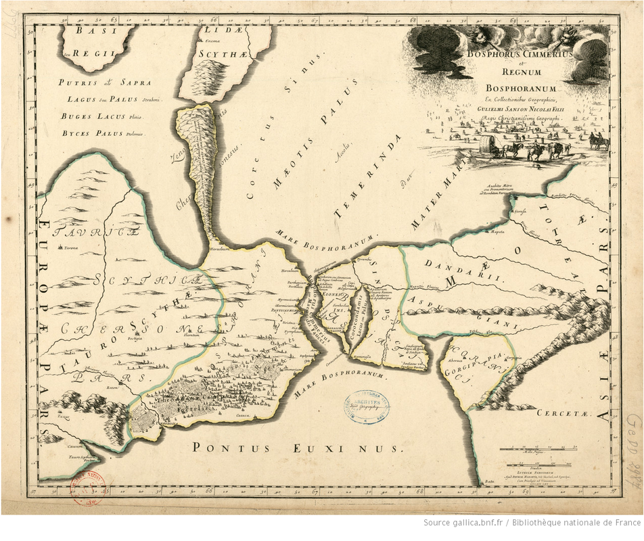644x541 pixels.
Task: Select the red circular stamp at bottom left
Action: click(87, 485)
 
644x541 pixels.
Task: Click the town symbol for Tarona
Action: click(58, 248)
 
